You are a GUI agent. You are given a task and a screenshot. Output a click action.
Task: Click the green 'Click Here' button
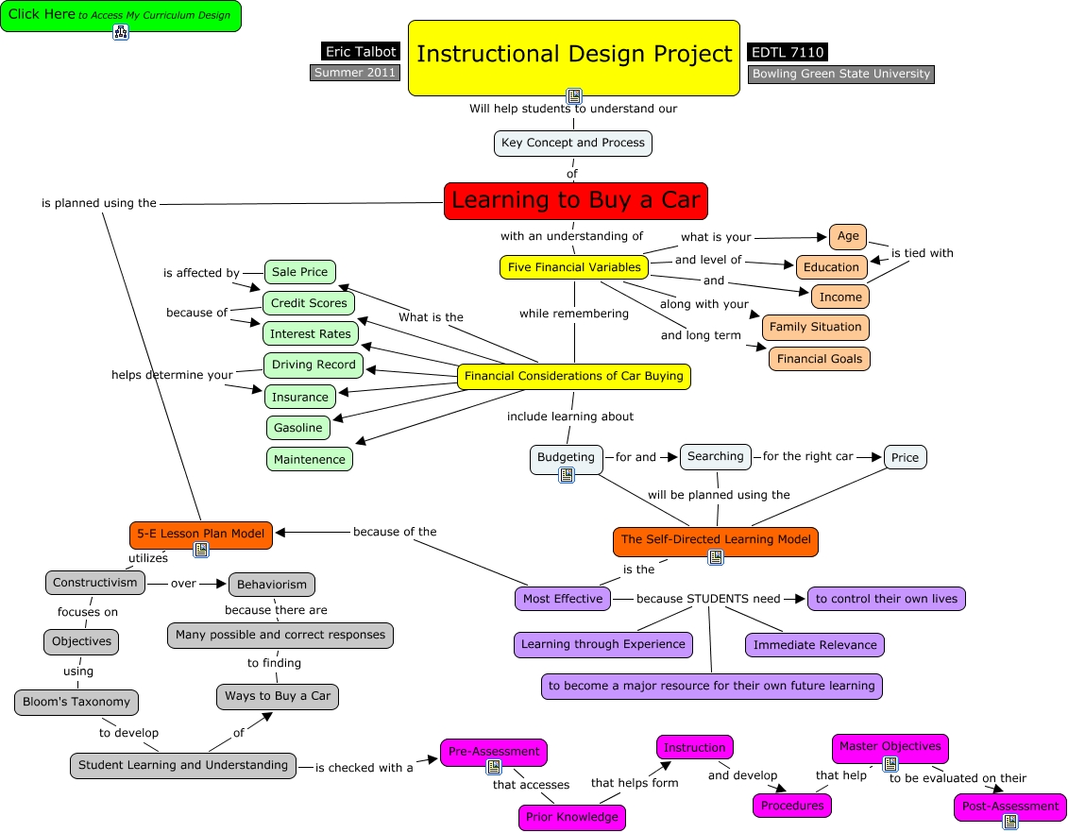click(121, 16)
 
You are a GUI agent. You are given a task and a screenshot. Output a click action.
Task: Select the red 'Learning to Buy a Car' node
click(575, 201)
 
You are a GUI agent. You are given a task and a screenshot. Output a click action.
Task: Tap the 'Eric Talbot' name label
click(361, 51)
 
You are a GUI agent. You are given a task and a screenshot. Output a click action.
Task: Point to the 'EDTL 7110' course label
click(788, 52)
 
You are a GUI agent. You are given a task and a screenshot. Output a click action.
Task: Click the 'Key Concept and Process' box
click(573, 143)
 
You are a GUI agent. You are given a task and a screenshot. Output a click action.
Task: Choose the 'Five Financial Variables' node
click(574, 267)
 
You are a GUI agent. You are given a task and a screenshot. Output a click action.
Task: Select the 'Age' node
click(848, 236)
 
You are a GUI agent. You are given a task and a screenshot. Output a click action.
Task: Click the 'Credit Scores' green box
click(309, 303)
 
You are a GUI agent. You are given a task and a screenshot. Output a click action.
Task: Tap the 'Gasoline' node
click(298, 428)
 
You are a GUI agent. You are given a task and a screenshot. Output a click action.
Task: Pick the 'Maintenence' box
click(310, 459)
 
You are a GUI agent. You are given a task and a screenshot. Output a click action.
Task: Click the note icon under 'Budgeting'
click(566, 475)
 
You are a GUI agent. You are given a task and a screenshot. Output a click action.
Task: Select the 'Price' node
click(906, 458)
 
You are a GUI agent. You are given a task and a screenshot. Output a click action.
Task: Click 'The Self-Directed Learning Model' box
click(716, 540)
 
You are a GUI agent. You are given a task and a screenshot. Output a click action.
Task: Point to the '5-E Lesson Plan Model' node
click(201, 534)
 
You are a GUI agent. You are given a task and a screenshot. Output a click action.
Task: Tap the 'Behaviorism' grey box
click(272, 585)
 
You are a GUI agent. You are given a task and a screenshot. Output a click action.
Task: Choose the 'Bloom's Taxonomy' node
click(76, 703)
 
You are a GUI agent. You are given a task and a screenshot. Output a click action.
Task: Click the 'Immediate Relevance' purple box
click(815, 645)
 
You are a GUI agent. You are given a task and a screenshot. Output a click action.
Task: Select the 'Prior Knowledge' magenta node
click(572, 817)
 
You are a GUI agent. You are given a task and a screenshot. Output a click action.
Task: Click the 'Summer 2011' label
click(355, 73)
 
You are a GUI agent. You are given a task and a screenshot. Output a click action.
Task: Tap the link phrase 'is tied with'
click(923, 253)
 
